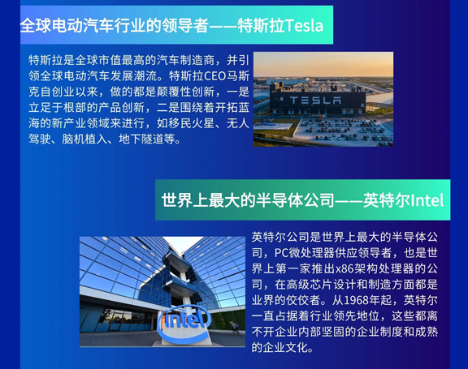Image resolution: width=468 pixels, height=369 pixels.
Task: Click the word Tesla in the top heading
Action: click(304, 25)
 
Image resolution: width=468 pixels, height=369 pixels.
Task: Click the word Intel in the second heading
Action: click(427, 200)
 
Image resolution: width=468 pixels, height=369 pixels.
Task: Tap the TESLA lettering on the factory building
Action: click(315, 100)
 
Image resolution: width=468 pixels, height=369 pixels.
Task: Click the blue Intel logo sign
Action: click(184, 323)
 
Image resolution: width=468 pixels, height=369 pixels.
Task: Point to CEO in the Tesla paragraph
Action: click(214, 76)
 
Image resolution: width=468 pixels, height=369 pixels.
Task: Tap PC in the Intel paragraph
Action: click(282, 253)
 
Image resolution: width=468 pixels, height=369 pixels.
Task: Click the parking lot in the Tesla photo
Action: click(343, 131)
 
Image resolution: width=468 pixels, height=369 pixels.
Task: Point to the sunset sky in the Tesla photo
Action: click(323, 64)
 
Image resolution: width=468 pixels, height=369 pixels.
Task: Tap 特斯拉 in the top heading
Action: click(261, 25)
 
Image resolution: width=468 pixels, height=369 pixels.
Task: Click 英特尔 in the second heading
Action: click(387, 200)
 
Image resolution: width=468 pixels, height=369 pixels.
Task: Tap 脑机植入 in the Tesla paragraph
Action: click(84, 139)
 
